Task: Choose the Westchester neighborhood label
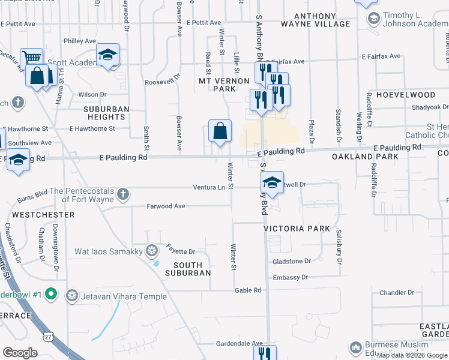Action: click(x=43, y=214)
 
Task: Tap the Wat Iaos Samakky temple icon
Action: click(x=152, y=250)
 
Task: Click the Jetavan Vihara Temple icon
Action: click(x=72, y=295)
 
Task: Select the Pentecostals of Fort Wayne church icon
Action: click(x=122, y=193)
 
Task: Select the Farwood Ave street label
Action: click(x=166, y=206)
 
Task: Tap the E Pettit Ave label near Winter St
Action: click(x=203, y=22)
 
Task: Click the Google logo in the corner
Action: click(x=20, y=352)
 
